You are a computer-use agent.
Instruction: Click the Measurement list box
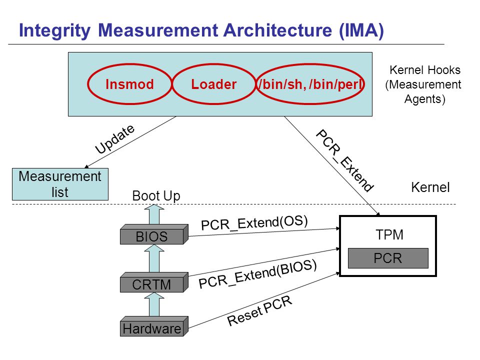pyautogui.click(x=60, y=184)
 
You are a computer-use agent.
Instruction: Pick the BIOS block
pyautogui.click(x=154, y=234)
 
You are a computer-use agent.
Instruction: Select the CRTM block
pyautogui.click(x=154, y=282)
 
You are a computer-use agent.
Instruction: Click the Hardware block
pyautogui.click(x=154, y=326)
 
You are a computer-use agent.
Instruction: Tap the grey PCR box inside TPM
pyautogui.click(x=388, y=258)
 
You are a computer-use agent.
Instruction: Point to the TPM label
pyautogui.click(x=389, y=235)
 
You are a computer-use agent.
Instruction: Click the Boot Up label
pyautogui.click(x=156, y=196)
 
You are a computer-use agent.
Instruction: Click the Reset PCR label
pyautogui.click(x=259, y=311)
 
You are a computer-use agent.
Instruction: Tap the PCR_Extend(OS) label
pyautogui.click(x=254, y=223)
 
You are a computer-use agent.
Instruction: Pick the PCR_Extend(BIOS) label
pyautogui.click(x=257, y=274)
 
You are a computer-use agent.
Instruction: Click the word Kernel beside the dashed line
pyautogui.click(x=430, y=187)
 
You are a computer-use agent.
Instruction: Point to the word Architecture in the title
pyautogui.click(x=277, y=30)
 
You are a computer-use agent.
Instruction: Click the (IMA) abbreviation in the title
pyautogui.click(x=361, y=31)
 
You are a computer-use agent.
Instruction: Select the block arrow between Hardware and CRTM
pyautogui.click(x=154, y=304)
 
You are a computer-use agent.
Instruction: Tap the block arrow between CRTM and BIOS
pyautogui.click(x=154, y=258)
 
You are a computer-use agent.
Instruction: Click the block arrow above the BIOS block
pyautogui.click(x=154, y=214)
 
